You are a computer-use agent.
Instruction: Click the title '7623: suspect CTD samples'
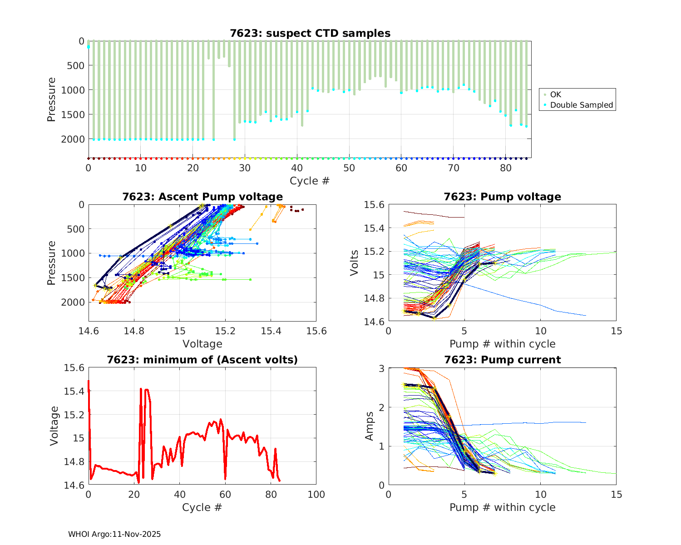point(310,33)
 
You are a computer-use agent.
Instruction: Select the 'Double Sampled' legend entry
point(582,105)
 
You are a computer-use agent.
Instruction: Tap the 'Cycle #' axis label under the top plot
point(310,181)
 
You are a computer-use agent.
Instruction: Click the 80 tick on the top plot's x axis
point(505,168)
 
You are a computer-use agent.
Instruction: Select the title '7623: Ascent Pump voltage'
point(202,197)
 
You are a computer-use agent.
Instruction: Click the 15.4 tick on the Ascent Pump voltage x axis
point(271,331)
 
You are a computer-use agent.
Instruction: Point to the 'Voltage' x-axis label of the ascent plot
point(202,344)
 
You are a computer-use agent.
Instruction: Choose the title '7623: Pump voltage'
point(502,197)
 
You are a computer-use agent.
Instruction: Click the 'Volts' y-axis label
point(355,263)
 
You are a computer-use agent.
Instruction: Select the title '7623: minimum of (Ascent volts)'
point(202,360)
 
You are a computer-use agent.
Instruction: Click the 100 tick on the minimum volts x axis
point(316,495)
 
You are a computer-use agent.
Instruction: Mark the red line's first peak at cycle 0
point(89,381)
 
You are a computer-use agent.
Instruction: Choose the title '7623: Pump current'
point(502,360)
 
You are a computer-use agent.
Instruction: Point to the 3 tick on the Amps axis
point(381,368)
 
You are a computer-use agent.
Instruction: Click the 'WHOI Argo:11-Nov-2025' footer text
point(114,535)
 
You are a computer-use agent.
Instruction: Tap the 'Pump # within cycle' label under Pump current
point(502,507)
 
